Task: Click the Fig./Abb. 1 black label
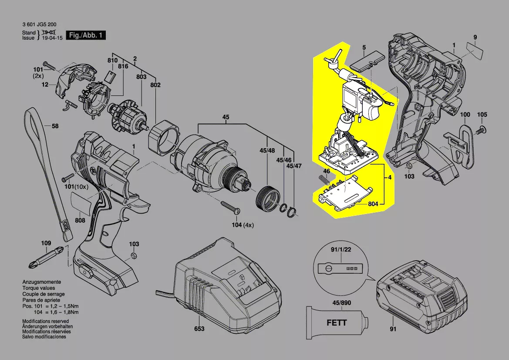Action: [x=85, y=35]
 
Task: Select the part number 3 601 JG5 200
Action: [x=39, y=26]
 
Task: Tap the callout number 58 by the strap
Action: [x=55, y=126]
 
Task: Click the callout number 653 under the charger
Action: [x=199, y=329]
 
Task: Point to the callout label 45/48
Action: [x=267, y=150]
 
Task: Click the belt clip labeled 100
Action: [x=465, y=144]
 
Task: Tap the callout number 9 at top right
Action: [x=475, y=37]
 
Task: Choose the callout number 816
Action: [x=123, y=66]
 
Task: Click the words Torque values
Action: [x=39, y=289]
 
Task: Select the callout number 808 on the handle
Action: [x=80, y=221]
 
